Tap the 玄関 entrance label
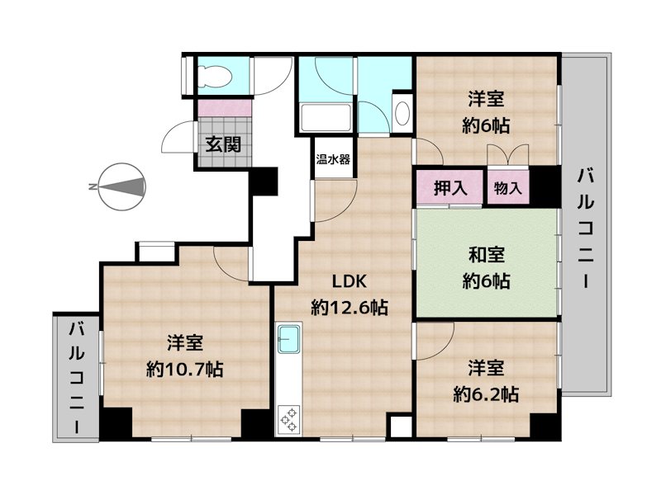(x=223, y=145)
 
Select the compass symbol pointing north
(x=120, y=187)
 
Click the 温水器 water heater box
(x=332, y=159)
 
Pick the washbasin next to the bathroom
(x=402, y=112)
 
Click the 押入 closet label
(x=451, y=188)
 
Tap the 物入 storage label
(x=508, y=188)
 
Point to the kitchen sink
(x=289, y=339)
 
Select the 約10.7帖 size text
(x=184, y=368)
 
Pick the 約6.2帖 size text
(x=486, y=394)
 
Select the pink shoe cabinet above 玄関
(x=224, y=107)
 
